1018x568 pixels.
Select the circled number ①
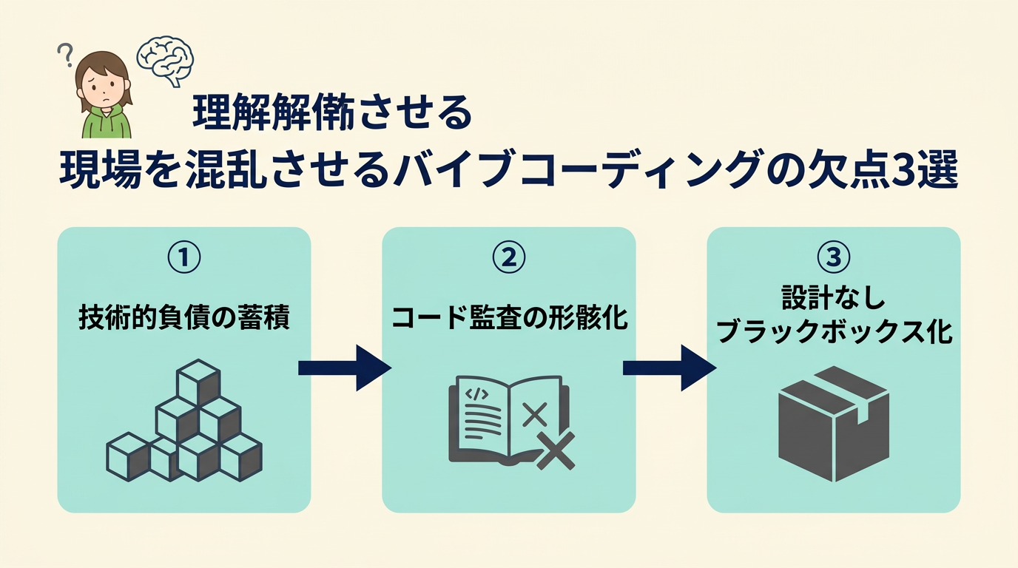point(183,257)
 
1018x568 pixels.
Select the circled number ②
point(508,257)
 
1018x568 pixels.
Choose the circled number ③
point(833,257)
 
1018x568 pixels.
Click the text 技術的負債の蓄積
point(183,319)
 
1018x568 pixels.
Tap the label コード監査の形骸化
point(508,319)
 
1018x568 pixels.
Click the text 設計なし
point(833,300)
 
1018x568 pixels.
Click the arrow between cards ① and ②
point(345,368)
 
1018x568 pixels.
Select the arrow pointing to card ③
point(670,368)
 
